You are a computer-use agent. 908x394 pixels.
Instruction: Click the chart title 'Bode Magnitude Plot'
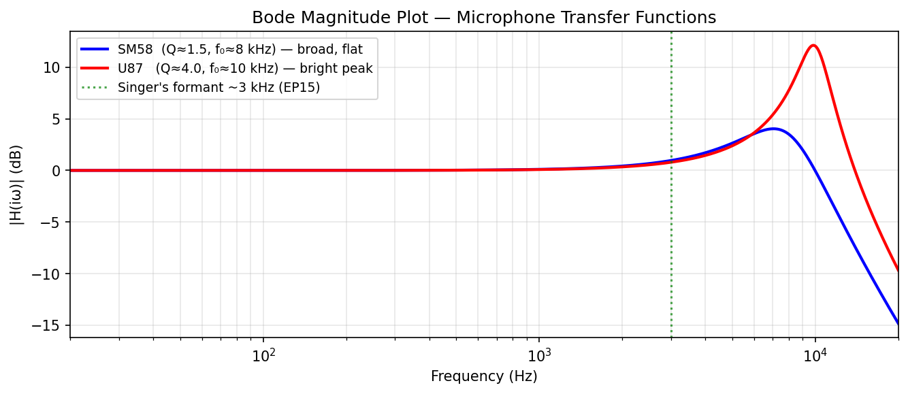[484, 18]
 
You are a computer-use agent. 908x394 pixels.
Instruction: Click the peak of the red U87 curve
[813, 46]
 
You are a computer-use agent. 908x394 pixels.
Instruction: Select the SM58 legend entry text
[240, 50]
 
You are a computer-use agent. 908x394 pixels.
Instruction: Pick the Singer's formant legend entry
[218, 88]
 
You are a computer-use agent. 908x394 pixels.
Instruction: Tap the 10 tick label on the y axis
[53, 67]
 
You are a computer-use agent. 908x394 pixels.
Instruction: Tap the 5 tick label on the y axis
[56, 119]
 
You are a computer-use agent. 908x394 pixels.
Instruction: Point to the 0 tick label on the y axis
[56, 171]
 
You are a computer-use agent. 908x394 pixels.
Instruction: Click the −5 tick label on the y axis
[53, 223]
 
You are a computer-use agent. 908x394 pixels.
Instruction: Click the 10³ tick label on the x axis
[539, 355]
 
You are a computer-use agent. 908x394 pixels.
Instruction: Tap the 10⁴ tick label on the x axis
[815, 355]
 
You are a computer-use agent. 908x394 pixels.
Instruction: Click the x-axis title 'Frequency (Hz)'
[484, 376]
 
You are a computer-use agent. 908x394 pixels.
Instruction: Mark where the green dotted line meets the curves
[671, 161]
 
